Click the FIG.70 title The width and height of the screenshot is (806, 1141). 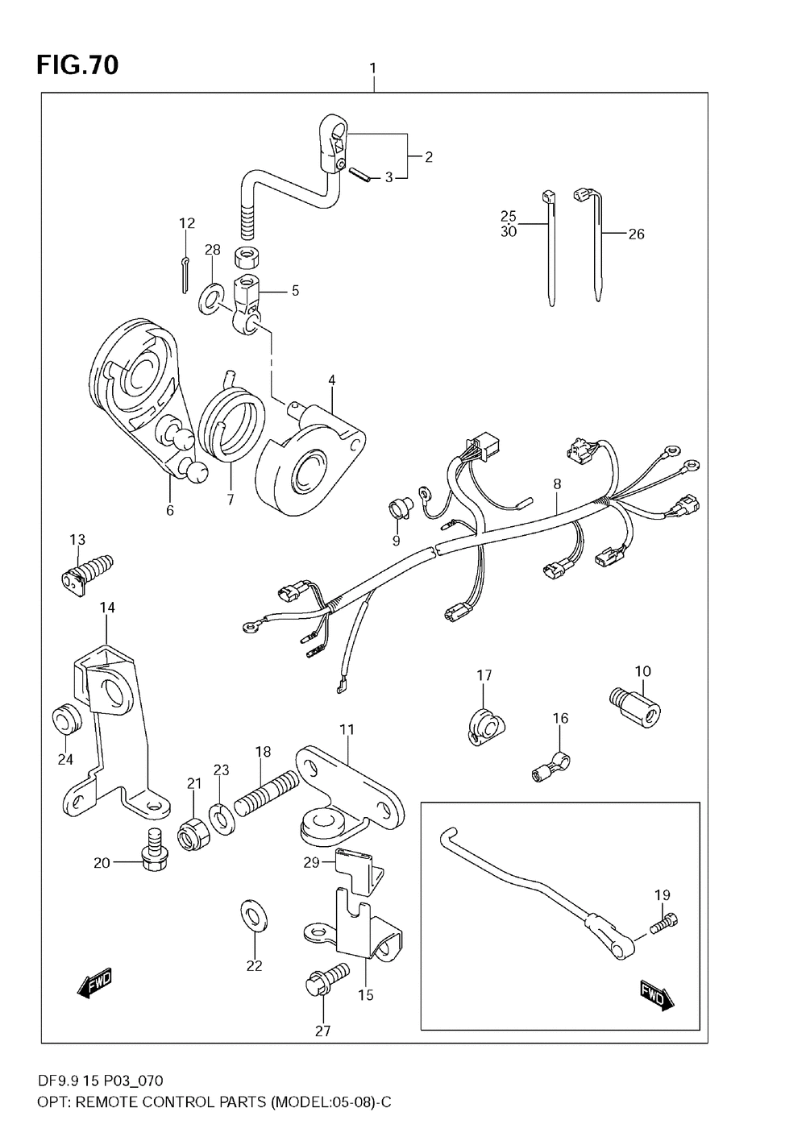click(77, 64)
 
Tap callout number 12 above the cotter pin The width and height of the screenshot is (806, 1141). click(187, 223)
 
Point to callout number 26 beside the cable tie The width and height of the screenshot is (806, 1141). click(636, 234)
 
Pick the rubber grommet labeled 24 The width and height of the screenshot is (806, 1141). click(64, 718)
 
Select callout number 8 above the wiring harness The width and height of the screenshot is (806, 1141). click(556, 484)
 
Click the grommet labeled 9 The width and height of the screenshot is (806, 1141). click(398, 508)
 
